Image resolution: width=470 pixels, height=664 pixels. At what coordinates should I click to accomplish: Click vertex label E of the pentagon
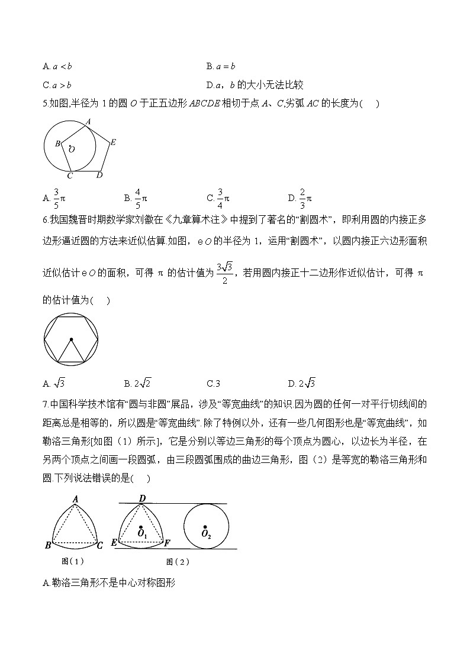coord(112,142)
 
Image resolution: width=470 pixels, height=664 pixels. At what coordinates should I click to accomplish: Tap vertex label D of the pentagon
coord(99,175)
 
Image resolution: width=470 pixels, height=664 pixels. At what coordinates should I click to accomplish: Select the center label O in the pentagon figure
coord(72,150)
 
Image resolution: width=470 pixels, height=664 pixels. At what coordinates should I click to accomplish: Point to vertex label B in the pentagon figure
coord(57,143)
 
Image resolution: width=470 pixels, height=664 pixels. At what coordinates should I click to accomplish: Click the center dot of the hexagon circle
coord(71,339)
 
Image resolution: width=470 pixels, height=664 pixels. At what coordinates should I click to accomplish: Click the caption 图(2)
coord(178,562)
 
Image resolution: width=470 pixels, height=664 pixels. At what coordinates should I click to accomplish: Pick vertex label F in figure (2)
coord(168,543)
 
